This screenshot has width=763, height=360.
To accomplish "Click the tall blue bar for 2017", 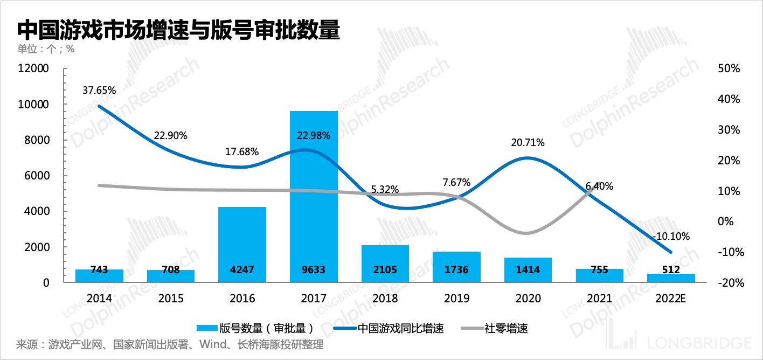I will [x=314, y=196].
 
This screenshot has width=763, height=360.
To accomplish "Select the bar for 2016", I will [x=242, y=244].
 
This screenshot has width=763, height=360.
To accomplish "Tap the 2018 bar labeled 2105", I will [x=385, y=264].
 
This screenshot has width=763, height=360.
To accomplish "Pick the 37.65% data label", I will [x=99, y=91].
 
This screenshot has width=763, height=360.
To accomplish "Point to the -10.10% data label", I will [x=671, y=236].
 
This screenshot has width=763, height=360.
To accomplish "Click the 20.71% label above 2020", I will [x=528, y=143].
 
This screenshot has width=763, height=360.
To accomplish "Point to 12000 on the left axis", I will [x=34, y=69].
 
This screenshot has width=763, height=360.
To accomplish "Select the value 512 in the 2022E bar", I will [x=671, y=270].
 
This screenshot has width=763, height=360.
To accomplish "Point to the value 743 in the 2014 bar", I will [x=99, y=270].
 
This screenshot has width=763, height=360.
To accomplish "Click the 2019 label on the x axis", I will [x=456, y=298].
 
